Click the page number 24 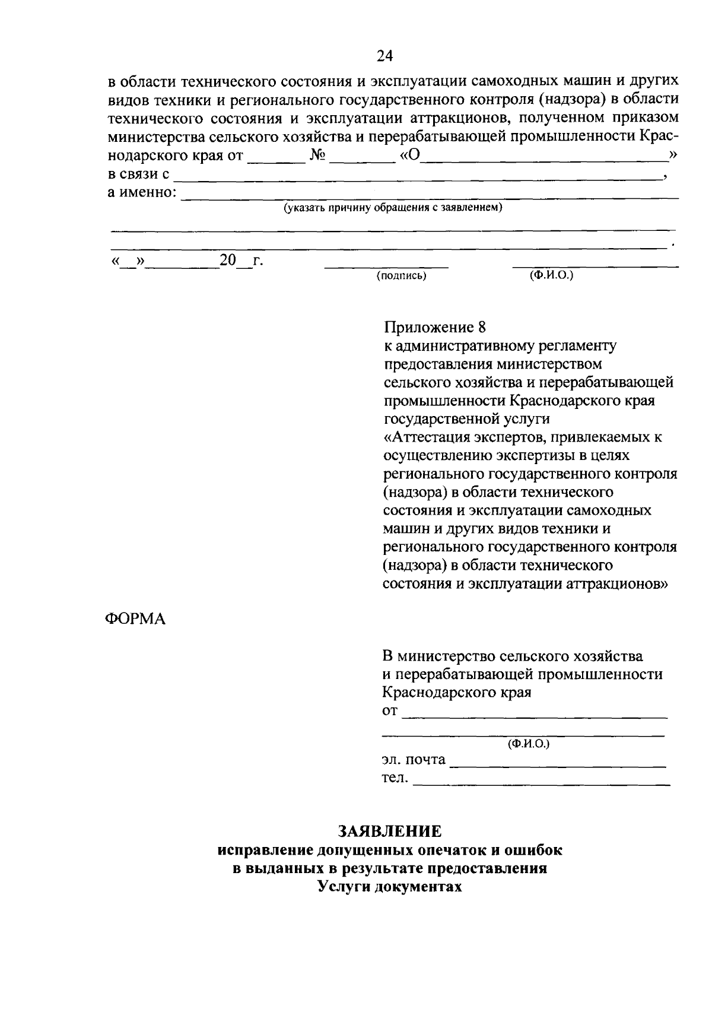coord(384,56)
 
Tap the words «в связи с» coord(139,174)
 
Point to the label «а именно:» coord(142,192)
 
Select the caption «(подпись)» coord(401,276)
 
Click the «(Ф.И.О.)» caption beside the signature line coord(551,275)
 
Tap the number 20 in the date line coord(227,260)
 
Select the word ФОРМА coord(136,619)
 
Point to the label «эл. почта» coord(413,759)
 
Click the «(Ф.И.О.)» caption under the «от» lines coord(528,743)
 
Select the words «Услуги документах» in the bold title coord(389,887)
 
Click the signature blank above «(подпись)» coord(386,265)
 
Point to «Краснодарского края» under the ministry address coord(456,692)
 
